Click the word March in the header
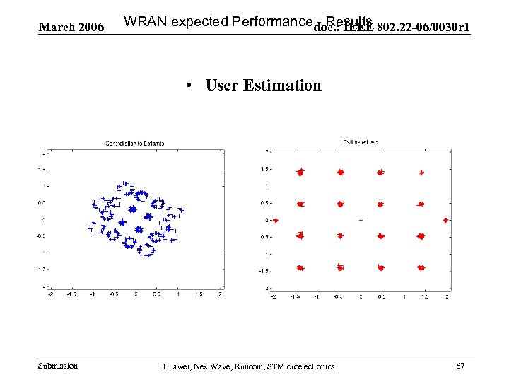pos(55,28)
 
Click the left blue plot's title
pos(135,144)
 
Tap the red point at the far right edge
pos(445,220)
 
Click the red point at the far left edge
pos(276,220)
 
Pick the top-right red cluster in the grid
pos(421,172)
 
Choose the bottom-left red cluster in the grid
pos(300,268)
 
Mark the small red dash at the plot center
pos(361,220)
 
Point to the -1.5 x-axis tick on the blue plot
pos(71,294)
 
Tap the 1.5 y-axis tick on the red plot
pos(264,169)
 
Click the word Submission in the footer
pos(58,366)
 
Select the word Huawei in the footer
pos(176,366)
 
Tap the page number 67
pos(460,366)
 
